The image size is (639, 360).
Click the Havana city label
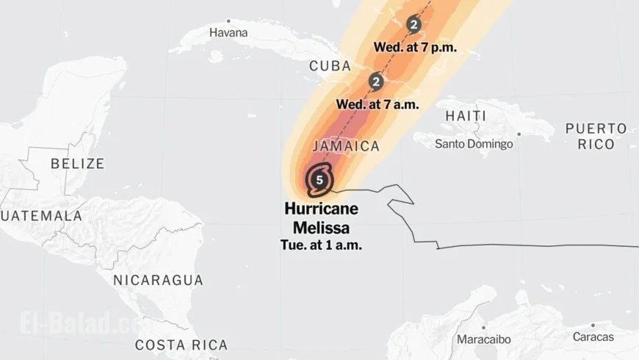[228, 33]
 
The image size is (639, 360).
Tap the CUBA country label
[330, 66]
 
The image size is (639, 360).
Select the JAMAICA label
[346, 146]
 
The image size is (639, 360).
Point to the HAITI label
[466, 116]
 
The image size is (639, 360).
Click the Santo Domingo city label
[474, 143]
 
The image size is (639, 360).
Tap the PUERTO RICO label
[596, 136]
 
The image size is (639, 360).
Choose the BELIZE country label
[77, 163]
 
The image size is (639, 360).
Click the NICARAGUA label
[158, 280]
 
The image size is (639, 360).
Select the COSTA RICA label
[181, 345]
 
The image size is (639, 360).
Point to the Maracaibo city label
[484, 339]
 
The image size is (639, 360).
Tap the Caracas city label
[592, 336]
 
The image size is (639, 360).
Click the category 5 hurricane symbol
[319, 179]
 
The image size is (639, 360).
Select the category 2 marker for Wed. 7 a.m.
[377, 81]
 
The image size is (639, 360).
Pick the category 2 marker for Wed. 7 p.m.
[414, 25]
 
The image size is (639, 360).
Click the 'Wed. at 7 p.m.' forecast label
[415, 47]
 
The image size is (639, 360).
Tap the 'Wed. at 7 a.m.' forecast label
[378, 104]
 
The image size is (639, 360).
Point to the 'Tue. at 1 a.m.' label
[321, 245]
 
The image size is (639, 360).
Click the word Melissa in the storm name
[321, 227]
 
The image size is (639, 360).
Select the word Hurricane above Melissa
[321, 209]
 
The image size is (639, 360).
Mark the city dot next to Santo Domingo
[519, 134]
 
